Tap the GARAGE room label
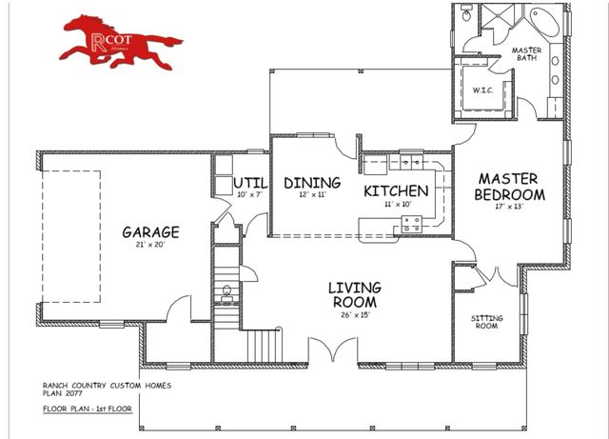pyautogui.click(x=150, y=231)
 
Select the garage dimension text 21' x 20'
pyautogui.click(x=150, y=245)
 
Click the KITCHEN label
pyautogui.click(x=397, y=190)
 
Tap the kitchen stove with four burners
pyautogui.click(x=412, y=224)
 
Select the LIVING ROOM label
pyautogui.click(x=354, y=294)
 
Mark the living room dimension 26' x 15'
pyautogui.click(x=354, y=315)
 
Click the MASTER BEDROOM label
pyautogui.click(x=509, y=186)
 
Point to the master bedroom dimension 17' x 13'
pyautogui.click(x=509, y=205)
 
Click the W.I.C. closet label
pyautogui.click(x=481, y=90)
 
